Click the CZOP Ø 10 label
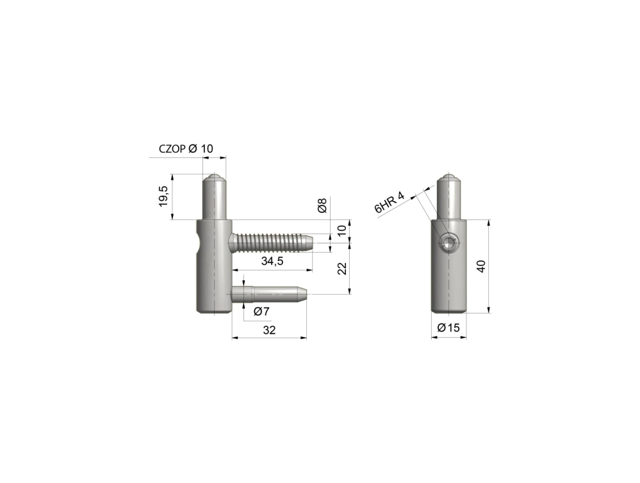click(x=186, y=149)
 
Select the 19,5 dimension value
click(x=163, y=196)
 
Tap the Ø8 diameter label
click(x=322, y=205)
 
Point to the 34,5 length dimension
click(x=272, y=261)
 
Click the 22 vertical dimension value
click(x=342, y=268)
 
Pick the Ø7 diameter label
click(x=261, y=312)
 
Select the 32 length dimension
click(x=269, y=329)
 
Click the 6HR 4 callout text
click(x=390, y=203)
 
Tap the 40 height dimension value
click(x=481, y=266)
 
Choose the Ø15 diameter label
click(x=448, y=328)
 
